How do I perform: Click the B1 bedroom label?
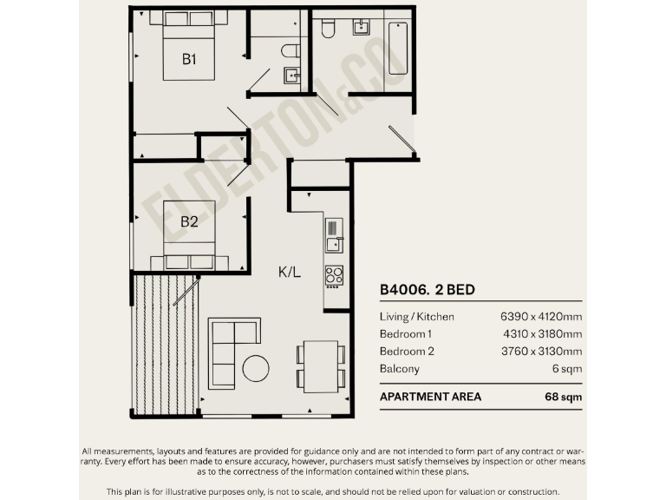click(189, 59)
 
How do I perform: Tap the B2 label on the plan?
click(189, 221)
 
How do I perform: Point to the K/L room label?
click(290, 272)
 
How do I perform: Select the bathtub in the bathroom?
click(398, 48)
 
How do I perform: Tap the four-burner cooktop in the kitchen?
click(334, 275)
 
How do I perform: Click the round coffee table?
click(256, 368)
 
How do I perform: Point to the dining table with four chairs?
click(321, 365)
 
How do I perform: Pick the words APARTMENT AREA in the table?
click(430, 397)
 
